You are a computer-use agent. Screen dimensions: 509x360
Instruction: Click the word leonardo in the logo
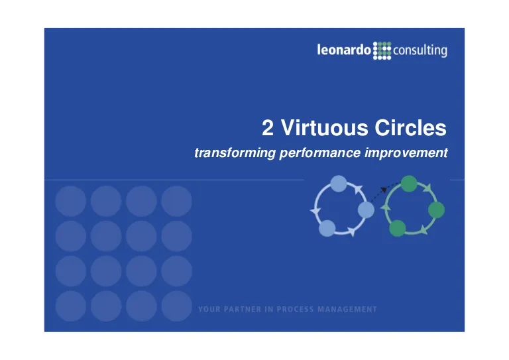pos(344,50)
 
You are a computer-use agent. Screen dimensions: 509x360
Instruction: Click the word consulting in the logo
pos(420,51)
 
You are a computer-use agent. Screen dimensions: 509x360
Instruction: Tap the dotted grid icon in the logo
pos(382,50)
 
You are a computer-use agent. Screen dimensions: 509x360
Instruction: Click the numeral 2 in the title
pos(268,128)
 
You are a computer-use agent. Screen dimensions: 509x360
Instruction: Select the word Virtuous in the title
pos(324,127)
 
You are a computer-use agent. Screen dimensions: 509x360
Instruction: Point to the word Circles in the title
pos(411,127)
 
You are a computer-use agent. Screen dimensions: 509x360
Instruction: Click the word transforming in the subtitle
pos(235,152)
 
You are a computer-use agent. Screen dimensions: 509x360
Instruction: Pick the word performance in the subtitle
pos(319,153)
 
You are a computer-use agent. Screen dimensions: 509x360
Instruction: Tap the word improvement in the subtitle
pos(406,153)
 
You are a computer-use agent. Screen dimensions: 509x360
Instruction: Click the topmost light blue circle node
pos(339,184)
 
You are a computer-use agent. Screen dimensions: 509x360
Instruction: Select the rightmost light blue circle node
pos(366,210)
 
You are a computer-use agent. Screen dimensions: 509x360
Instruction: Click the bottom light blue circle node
pos(327,228)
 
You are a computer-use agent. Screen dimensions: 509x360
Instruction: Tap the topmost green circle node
pos(409,184)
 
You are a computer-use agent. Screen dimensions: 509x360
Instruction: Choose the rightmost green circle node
pos(436,210)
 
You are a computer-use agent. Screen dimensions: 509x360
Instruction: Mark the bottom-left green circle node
pos(398,228)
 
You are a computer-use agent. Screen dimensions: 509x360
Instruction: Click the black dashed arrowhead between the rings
pos(384,190)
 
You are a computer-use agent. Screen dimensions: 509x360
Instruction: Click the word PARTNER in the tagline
pos(243,310)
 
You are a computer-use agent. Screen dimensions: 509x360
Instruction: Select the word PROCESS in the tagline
pos(295,310)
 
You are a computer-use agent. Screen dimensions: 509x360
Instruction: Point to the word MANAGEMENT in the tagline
pos(347,310)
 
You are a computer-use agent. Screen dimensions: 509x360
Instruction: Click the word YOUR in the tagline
pos(209,310)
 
